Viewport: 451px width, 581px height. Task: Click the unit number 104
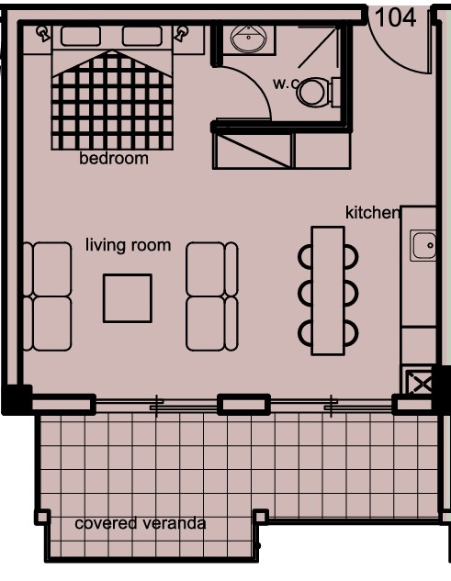[396, 17]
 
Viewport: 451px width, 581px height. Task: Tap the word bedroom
[114, 159]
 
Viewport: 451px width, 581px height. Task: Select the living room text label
[129, 245]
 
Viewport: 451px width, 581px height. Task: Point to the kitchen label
[372, 213]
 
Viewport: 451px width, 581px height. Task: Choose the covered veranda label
[140, 524]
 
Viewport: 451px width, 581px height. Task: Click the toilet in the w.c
[315, 92]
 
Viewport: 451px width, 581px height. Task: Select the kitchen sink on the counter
[423, 246]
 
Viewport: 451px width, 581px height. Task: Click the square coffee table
[127, 298]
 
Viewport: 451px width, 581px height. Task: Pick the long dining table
[327, 290]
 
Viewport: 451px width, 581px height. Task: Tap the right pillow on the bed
[141, 36]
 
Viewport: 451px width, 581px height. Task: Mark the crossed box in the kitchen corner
[418, 381]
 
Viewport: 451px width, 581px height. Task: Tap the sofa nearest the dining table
[211, 296]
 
